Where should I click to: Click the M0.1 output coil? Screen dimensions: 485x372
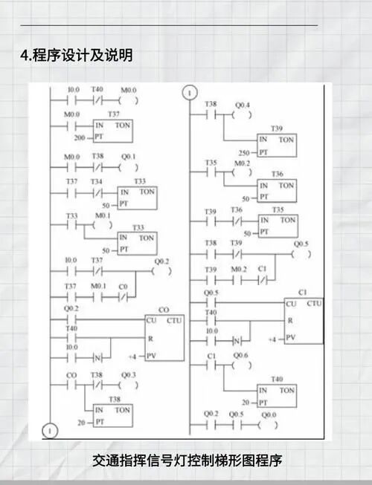104,224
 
